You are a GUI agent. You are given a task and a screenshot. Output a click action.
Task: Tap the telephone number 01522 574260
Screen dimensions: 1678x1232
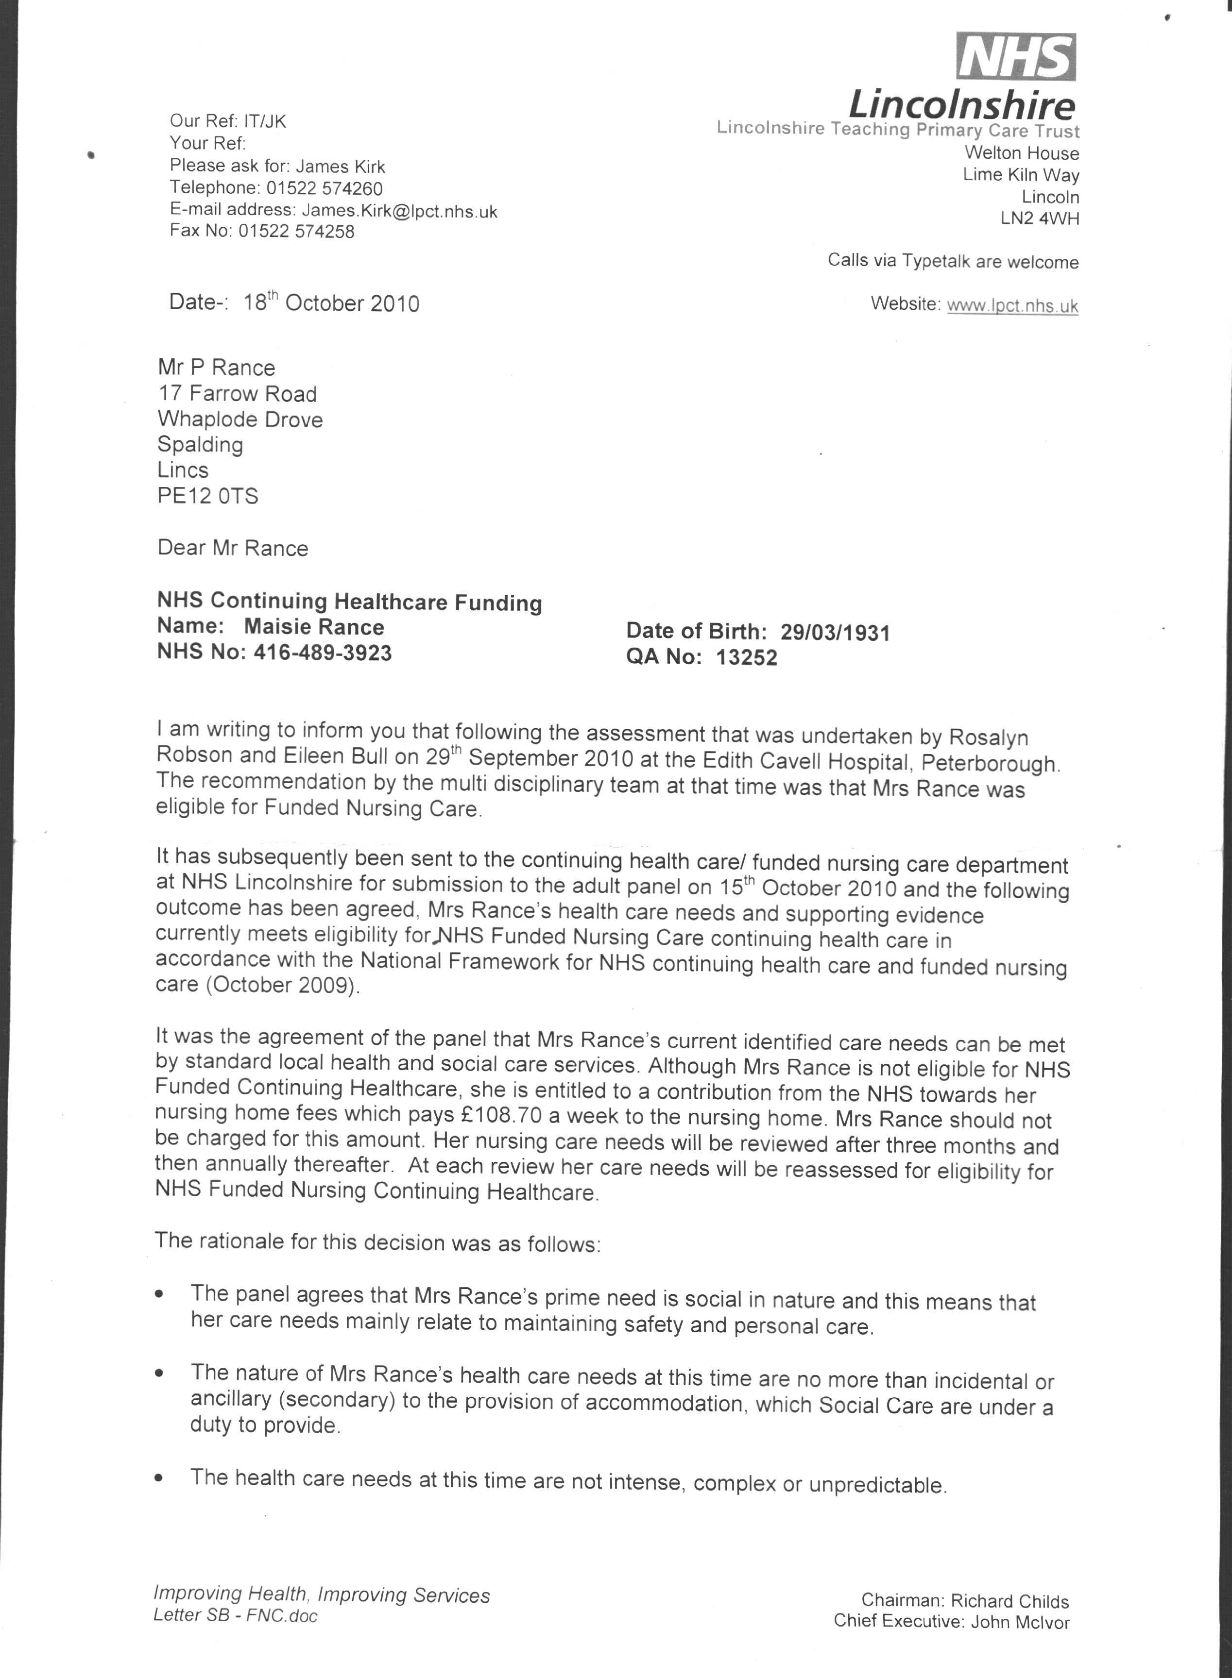point(325,188)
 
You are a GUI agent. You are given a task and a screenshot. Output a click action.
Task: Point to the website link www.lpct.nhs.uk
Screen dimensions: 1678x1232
point(1012,305)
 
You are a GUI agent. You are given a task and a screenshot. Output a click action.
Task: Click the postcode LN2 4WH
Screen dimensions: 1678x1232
point(1040,219)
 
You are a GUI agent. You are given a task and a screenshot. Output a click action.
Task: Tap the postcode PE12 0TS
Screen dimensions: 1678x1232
point(207,496)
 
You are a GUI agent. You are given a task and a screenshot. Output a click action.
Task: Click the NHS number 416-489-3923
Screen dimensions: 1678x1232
point(322,653)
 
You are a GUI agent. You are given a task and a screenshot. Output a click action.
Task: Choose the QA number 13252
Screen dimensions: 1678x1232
point(747,657)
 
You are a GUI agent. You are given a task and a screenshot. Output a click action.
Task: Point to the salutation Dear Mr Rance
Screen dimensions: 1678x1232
point(233,548)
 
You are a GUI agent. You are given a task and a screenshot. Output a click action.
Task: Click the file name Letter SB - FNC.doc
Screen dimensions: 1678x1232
point(235,1615)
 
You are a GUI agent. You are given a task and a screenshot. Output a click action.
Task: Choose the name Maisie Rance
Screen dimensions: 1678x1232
point(313,627)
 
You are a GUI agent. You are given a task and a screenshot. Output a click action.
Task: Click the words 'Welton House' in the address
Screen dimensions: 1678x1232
point(1022,153)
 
